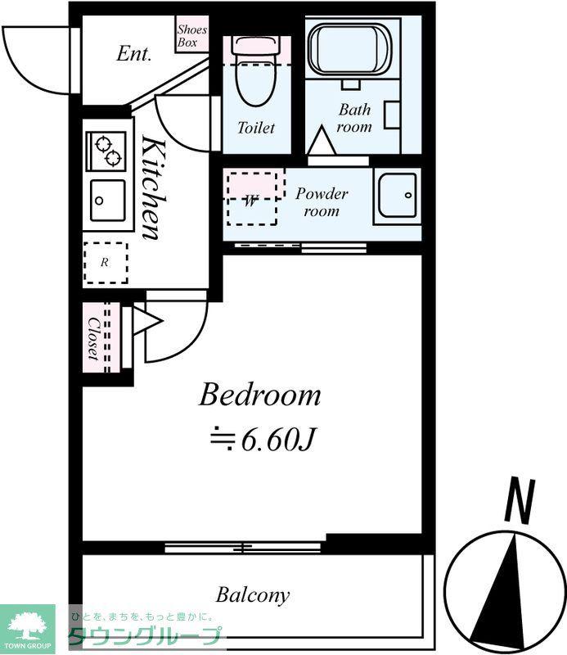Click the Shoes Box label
(x=191, y=36)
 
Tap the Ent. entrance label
(x=133, y=54)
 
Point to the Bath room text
(x=354, y=118)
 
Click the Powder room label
(x=322, y=202)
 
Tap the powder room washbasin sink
(x=397, y=195)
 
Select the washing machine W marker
(x=250, y=201)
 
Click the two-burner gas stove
(x=106, y=151)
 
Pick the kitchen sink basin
(x=107, y=201)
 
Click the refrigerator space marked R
(x=105, y=263)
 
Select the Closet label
(x=94, y=339)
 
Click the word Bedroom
(x=259, y=395)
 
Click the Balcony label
(x=253, y=595)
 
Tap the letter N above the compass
(x=520, y=501)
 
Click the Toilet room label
(x=256, y=128)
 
